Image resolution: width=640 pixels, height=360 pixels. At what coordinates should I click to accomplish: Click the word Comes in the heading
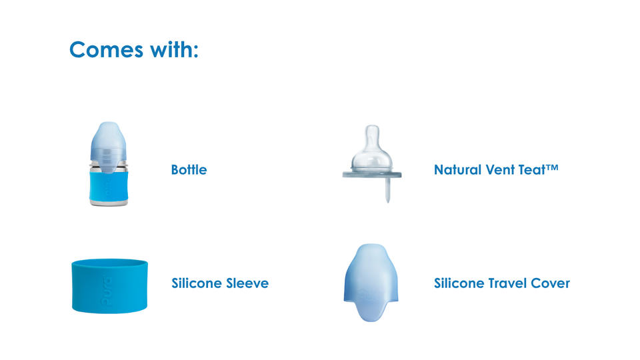coord(106,50)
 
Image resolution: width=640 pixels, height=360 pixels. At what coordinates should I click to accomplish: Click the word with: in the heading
coord(174,49)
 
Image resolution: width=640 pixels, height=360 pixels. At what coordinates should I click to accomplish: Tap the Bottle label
coord(189,170)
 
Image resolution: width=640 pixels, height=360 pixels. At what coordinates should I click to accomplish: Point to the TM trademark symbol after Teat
coord(552,167)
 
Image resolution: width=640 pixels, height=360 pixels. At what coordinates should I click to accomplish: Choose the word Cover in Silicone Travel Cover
coord(550,283)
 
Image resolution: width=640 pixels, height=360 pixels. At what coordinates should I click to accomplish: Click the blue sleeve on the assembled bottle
coord(109,185)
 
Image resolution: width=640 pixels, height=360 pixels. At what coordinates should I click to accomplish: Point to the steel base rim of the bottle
coord(109,203)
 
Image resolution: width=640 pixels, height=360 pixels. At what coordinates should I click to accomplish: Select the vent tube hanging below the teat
coord(388,190)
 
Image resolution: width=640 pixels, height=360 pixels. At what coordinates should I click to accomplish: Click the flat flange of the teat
coord(372,175)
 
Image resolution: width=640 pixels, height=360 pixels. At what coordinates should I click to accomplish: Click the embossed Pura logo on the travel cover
coord(371,295)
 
